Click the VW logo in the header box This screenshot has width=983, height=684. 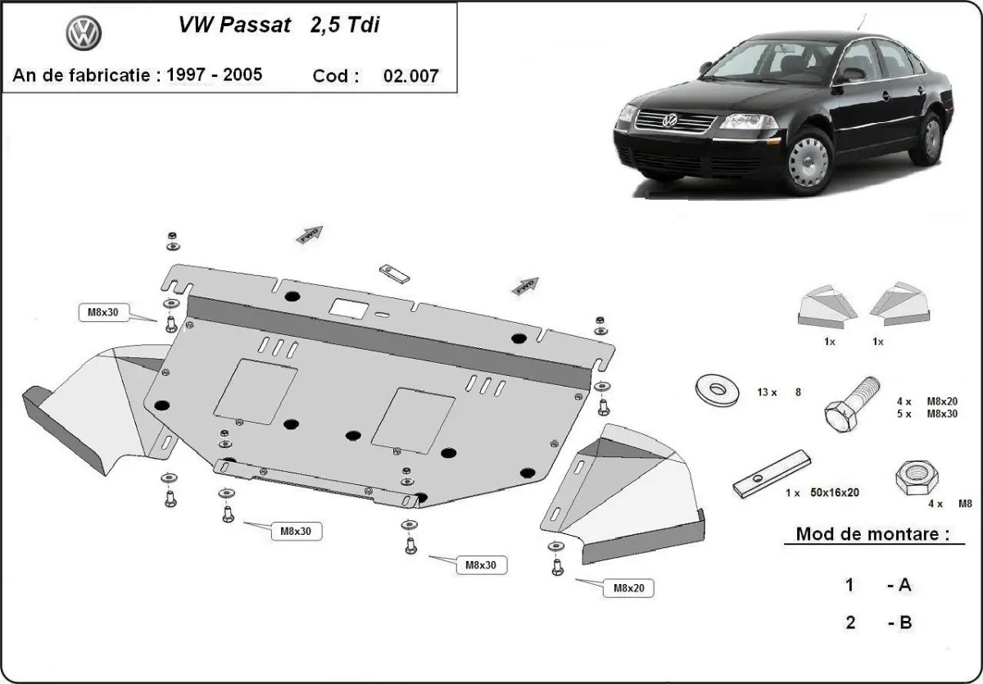pos(84,34)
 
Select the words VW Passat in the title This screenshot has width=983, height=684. pos(234,25)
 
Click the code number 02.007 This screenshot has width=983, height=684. pos(410,76)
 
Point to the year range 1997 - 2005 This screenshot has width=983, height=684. pos(215,75)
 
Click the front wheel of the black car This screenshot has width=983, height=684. pos(807,161)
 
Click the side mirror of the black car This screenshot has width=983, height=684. pos(852,75)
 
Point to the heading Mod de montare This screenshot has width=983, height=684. pos(872,534)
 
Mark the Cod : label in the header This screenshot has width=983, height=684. pos(336,76)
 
